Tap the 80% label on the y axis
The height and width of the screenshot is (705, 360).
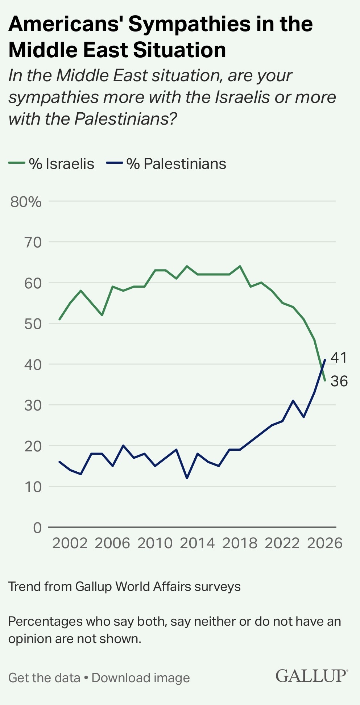(26, 202)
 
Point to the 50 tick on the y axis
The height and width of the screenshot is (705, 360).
(33, 324)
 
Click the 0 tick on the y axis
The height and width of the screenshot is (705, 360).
(38, 528)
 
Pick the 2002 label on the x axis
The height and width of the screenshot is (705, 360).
(70, 543)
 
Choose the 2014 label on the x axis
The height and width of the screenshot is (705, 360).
(197, 543)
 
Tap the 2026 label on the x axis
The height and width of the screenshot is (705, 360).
(325, 543)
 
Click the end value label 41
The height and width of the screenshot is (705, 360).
(339, 358)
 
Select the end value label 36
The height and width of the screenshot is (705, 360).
(339, 381)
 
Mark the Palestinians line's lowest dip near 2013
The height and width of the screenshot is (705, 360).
(187, 478)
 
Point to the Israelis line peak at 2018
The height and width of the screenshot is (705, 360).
(240, 266)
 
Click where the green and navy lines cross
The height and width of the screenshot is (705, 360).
(322, 369)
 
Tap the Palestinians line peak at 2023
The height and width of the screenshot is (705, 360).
(293, 401)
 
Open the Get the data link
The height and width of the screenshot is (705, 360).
(44, 678)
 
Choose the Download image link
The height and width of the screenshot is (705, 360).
(141, 678)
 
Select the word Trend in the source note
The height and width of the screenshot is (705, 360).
(24, 586)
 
